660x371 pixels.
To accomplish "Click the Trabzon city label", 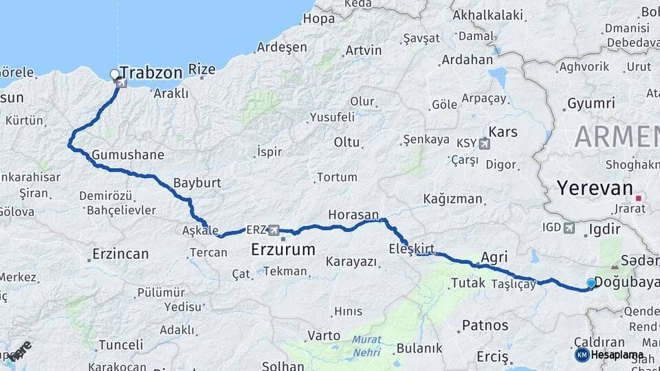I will pyautogui.click(x=151, y=73).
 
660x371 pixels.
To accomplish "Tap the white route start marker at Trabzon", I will pyautogui.click(x=115, y=74).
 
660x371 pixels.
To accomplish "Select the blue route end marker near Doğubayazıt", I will pyautogui.click(x=591, y=282).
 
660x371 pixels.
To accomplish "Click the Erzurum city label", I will pyautogui.click(x=283, y=249).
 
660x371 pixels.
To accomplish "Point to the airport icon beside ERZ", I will pyautogui.click(x=274, y=229).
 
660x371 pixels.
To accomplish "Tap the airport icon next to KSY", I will pyautogui.click(x=485, y=144).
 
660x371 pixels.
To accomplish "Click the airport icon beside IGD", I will pyautogui.click(x=569, y=227).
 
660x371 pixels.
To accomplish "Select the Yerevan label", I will pyautogui.click(x=594, y=188).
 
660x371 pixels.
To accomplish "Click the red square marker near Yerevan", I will pyautogui.click(x=639, y=199).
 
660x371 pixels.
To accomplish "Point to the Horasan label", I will pyautogui.click(x=353, y=214).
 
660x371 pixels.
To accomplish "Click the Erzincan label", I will pyautogui.click(x=120, y=254).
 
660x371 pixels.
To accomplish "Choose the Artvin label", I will pyautogui.click(x=364, y=50).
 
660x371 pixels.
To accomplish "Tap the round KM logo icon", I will pyautogui.click(x=582, y=355).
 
